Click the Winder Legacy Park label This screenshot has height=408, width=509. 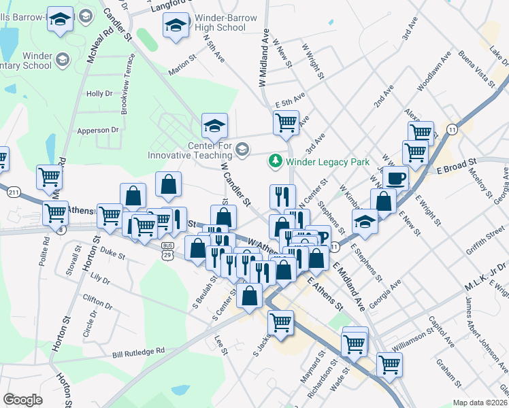click(327, 162)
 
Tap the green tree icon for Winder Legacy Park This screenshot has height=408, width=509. click(276, 162)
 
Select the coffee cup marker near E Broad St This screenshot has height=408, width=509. click(395, 178)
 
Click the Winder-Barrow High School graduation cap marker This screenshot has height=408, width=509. click(176, 26)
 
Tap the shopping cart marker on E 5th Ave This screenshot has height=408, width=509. click(286, 122)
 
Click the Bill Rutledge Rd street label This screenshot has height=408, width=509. click(139, 352)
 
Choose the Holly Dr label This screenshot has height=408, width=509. click(99, 94)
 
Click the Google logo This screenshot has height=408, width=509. click(22, 400)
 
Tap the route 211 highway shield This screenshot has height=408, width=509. click(14, 192)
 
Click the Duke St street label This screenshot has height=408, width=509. click(112, 256)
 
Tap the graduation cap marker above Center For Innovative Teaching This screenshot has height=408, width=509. click(214, 125)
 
